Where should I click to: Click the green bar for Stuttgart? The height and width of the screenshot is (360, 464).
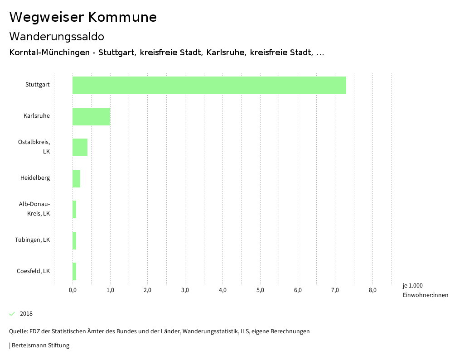click(x=209, y=86)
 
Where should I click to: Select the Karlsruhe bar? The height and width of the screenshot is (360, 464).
click(x=91, y=116)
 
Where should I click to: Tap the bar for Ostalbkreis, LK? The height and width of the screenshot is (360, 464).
click(x=80, y=147)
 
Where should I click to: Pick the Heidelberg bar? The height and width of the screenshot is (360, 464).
click(x=76, y=178)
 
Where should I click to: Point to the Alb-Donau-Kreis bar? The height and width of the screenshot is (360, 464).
click(x=74, y=209)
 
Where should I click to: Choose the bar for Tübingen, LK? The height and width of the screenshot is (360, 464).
click(x=74, y=240)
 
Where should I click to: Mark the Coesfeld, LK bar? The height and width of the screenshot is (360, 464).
click(x=74, y=271)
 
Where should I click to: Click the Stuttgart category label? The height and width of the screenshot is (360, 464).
click(x=38, y=85)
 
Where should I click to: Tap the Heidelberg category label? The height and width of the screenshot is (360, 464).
click(x=35, y=178)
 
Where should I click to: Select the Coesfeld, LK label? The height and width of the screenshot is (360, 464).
click(x=33, y=271)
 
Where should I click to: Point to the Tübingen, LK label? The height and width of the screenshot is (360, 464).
click(x=32, y=240)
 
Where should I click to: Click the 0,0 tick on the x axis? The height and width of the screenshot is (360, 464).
click(x=72, y=290)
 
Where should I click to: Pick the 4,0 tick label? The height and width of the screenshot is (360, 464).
click(x=222, y=290)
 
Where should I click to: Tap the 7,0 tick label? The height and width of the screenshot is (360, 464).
click(x=335, y=290)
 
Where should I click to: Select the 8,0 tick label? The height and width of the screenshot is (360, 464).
click(x=372, y=290)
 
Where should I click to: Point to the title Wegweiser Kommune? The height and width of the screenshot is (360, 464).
click(x=83, y=17)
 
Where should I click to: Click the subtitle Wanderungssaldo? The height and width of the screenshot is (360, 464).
click(x=57, y=36)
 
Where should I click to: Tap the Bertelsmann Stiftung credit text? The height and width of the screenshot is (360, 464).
click(x=40, y=346)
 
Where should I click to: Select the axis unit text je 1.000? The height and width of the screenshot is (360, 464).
click(x=412, y=286)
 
